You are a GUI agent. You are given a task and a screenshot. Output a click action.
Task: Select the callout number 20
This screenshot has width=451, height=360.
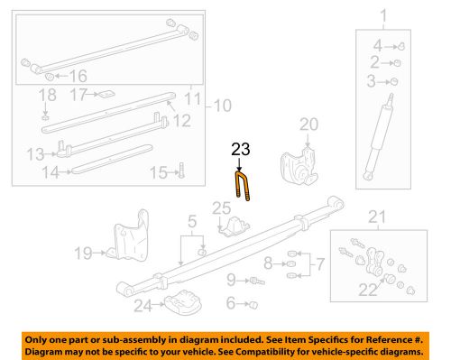(x=309, y=124)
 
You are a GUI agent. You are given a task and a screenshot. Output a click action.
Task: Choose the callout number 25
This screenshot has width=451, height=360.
(x=222, y=210)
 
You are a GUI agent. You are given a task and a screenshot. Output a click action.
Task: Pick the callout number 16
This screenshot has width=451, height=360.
(x=78, y=77)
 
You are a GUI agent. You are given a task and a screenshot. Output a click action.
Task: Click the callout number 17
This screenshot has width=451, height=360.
(x=78, y=93)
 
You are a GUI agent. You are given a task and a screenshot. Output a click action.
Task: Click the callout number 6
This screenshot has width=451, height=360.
(x=232, y=303)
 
